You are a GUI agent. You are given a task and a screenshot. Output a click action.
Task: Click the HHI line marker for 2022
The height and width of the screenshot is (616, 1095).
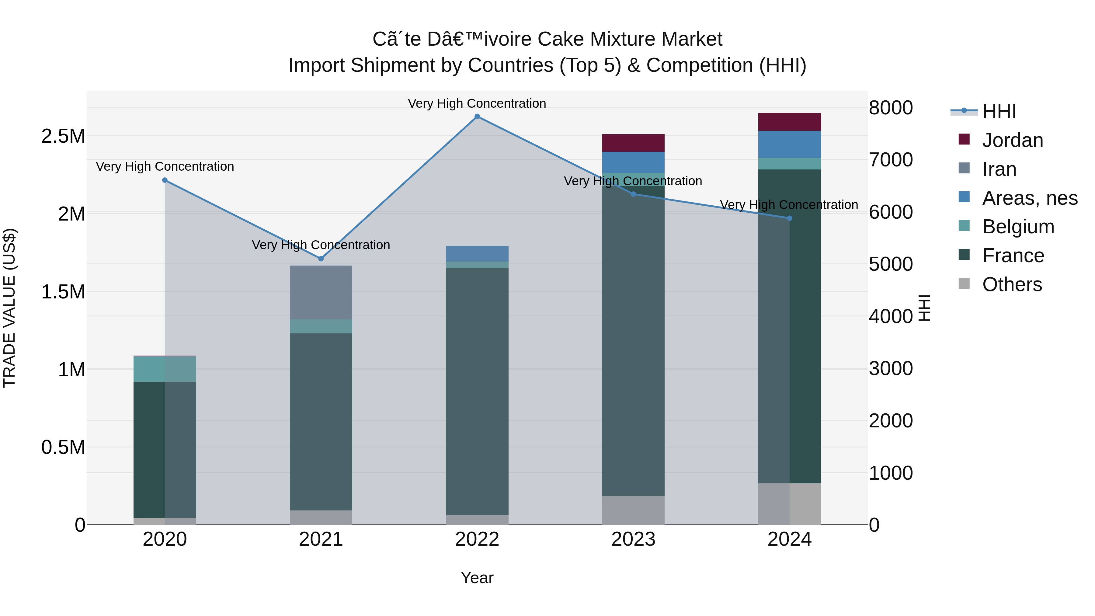[477, 117]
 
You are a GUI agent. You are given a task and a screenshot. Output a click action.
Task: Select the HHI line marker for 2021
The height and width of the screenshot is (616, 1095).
[321, 259]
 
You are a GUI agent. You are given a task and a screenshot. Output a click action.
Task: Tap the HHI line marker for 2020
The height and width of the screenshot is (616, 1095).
[165, 180]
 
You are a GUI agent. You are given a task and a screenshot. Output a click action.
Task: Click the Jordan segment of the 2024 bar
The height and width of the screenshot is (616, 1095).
[789, 122]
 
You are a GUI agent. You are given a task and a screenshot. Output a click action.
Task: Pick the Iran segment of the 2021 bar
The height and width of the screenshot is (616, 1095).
[321, 292]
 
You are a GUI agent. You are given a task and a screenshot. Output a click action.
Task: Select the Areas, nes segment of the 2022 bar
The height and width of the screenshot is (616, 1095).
[477, 254]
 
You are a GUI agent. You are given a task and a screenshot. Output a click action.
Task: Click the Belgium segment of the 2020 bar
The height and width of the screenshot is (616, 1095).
[165, 369]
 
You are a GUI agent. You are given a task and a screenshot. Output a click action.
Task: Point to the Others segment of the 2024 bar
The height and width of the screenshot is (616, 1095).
[789, 504]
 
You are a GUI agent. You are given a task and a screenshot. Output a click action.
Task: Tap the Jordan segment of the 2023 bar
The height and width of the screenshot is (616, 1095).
[633, 143]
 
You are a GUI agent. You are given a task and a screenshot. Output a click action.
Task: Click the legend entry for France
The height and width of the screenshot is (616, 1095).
[1013, 256]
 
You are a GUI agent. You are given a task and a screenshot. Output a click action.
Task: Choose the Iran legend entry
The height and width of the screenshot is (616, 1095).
[999, 169]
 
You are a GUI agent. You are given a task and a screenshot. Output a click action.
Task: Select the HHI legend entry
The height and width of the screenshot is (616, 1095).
[999, 111]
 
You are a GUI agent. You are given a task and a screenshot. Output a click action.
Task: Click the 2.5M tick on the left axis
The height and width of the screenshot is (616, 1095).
[63, 137]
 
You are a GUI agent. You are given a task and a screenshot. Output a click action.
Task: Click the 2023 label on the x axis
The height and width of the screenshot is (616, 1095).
[633, 539]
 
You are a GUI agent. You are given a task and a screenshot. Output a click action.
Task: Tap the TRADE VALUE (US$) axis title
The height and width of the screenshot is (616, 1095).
[9, 308]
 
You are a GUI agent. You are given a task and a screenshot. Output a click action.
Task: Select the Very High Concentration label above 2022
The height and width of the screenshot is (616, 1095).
[477, 103]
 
